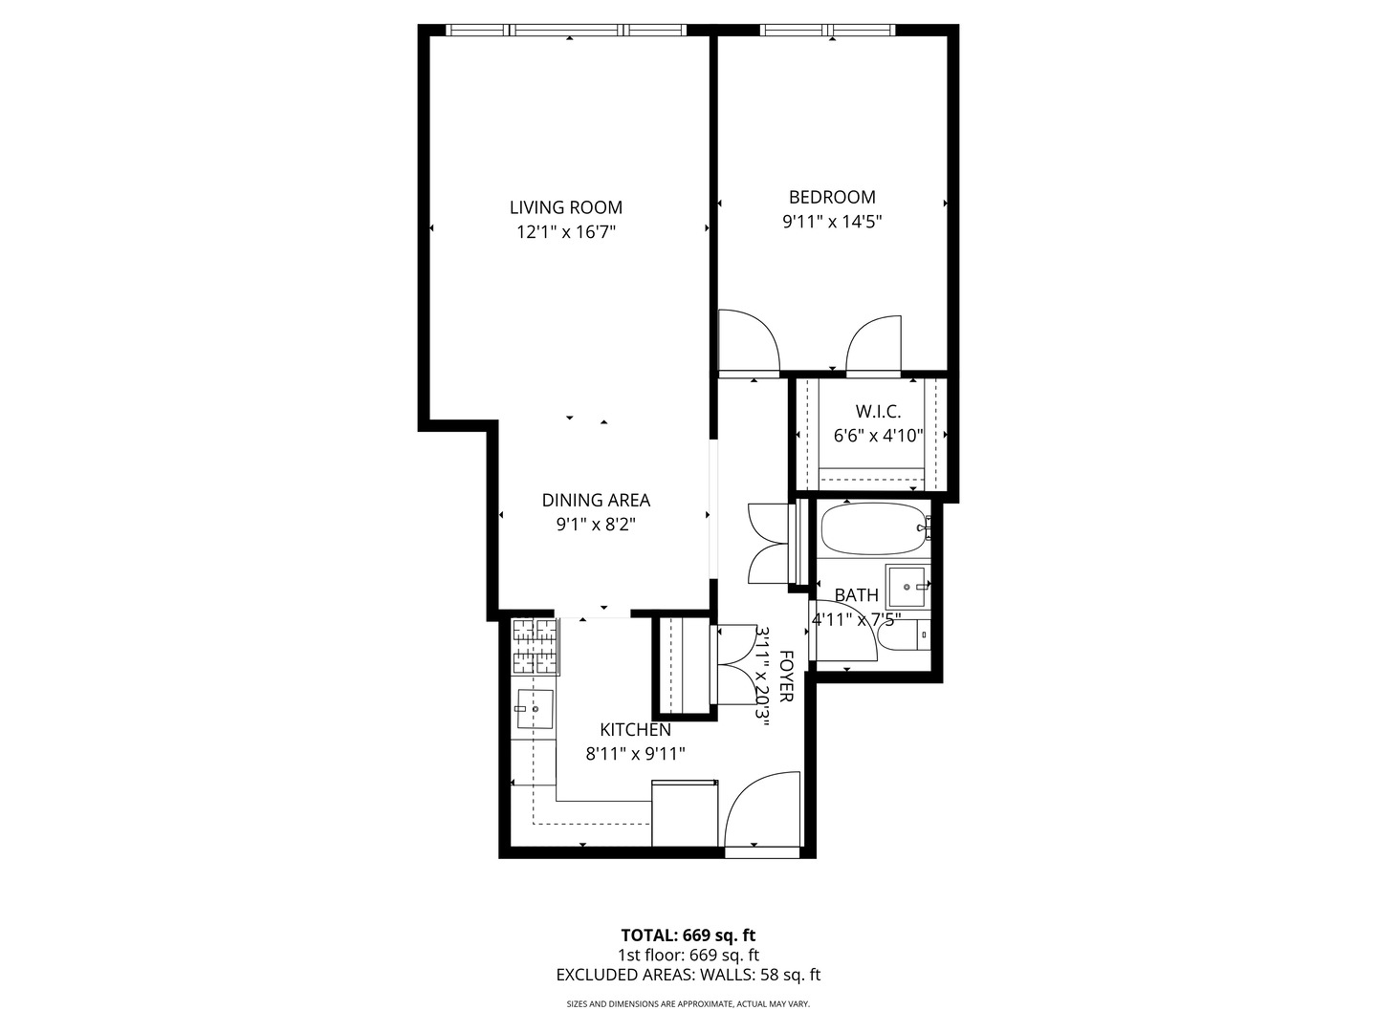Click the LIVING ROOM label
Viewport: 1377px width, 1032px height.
click(565, 207)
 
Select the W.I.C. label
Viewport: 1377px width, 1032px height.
click(878, 412)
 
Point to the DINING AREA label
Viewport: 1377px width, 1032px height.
click(596, 500)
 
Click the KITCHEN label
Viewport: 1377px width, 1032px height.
click(635, 730)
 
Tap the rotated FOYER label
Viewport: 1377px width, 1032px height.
click(786, 677)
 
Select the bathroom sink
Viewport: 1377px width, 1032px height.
click(906, 586)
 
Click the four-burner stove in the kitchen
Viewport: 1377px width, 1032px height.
click(535, 647)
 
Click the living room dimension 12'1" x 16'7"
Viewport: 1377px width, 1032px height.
click(565, 232)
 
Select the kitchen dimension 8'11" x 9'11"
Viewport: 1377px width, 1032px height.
click(635, 754)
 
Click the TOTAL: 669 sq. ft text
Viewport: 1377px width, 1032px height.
click(688, 935)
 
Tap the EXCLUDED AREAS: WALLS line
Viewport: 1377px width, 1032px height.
click(688, 976)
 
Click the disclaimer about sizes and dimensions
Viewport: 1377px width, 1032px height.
click(688, 1004)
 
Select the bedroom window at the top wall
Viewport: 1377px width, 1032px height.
click(828, 31)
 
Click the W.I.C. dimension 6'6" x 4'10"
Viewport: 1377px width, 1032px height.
click(878, 437)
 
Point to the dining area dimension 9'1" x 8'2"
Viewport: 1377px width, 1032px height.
click(596, 525)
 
